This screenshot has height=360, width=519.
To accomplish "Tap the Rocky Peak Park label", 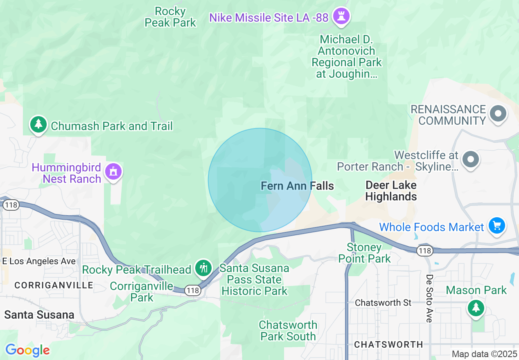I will tap(171, 17).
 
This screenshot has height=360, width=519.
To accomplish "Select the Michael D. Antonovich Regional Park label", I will tap(347, 56).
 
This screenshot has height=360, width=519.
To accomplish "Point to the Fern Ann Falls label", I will tap(297, 186).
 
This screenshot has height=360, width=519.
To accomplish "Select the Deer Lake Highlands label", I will tap(391, 191).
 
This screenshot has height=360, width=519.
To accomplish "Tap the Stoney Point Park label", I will tap(364, 253).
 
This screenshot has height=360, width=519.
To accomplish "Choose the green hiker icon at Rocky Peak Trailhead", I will tap(203, 268).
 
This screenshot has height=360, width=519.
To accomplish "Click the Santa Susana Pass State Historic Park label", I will tap(254, 280).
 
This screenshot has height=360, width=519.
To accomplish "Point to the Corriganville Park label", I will tap(142, 292).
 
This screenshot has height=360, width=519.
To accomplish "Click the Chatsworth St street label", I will tap(383, 303).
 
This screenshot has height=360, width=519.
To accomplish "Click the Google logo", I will tap(27, 350).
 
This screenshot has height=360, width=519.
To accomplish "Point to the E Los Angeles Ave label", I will tap(39, 261).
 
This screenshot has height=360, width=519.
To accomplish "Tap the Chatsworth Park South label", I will tap(288, 331).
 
